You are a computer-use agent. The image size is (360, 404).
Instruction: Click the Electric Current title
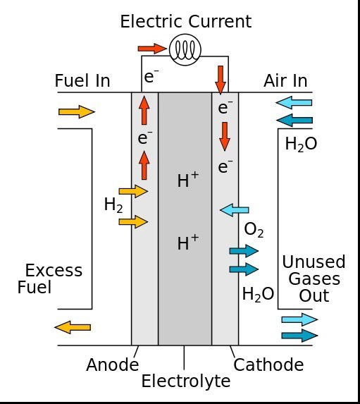[x=186, y=21]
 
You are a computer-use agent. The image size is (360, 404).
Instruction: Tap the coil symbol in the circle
[x=185, y=50]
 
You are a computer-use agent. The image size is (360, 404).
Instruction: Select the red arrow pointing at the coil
[x=152, y=49]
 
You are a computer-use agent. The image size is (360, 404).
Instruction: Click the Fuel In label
[x=82, y=80]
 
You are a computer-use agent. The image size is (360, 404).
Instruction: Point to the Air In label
[x=285, y=80]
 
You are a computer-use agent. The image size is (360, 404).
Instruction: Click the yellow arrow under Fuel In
[x=77, y=112]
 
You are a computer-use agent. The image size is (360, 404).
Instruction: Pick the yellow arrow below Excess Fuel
[x=73, y=327]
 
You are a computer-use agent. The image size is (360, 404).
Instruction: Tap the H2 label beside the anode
[x=113, y=205]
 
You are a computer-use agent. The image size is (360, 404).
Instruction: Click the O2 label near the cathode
[x=254, y=230]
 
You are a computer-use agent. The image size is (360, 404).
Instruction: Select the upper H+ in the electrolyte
[x=188, y=179]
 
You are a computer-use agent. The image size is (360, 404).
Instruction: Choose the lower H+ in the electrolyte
[x=188, y=242]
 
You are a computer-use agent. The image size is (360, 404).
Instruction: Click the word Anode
[x=112, y=365]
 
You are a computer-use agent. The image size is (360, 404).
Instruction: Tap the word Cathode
[x=268, y=365]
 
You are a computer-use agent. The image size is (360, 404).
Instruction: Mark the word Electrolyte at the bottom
[x=186, y=381]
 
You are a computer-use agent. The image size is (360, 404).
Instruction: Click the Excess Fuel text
[x=50, y=278]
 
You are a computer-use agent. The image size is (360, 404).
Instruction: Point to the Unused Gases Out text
[x=314, y=278]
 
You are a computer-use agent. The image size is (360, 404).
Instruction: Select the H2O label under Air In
[x=301, y=145]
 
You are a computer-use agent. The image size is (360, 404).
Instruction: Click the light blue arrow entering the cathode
[x=235, y=210]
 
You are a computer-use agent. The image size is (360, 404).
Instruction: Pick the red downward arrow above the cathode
[x=221, y=80]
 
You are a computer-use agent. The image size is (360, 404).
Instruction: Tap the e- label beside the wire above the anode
[x=151, y=76]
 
